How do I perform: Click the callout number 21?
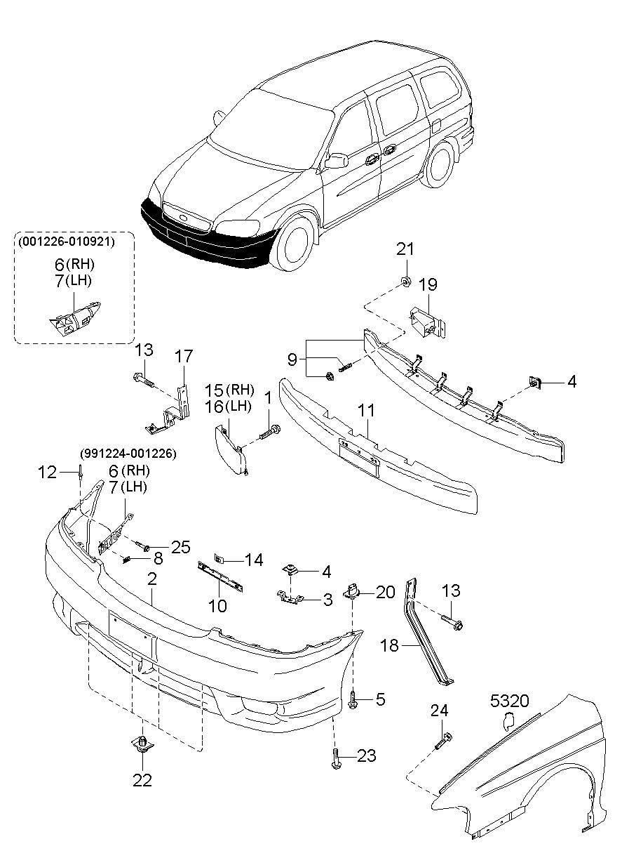405,249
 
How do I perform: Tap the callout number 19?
428,284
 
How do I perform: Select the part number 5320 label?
509,701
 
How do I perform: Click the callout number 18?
389,645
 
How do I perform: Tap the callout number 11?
366,410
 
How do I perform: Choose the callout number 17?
184,357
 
